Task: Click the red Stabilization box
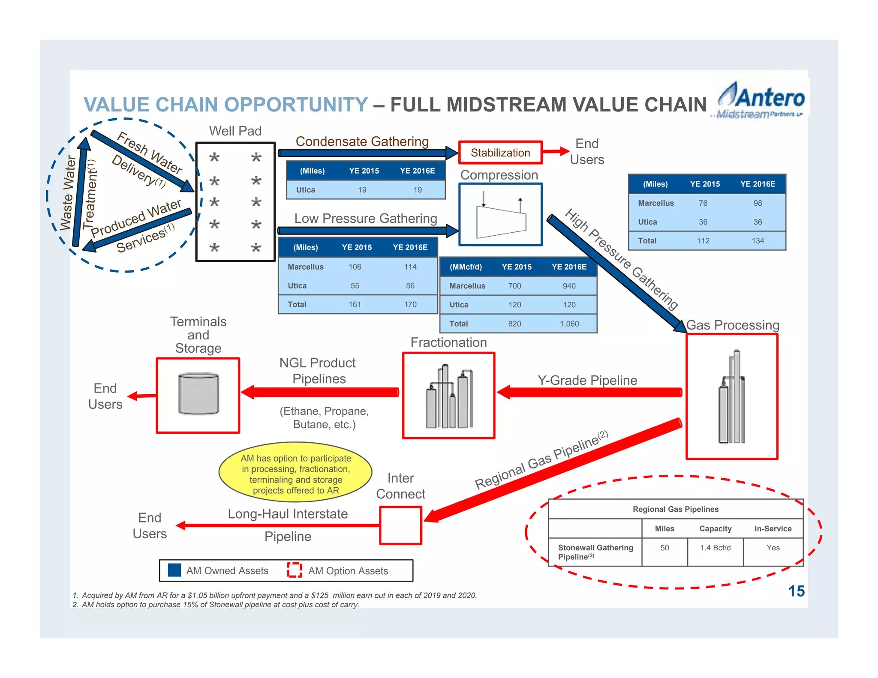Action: (500, 153)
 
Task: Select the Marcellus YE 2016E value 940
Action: (569, 286)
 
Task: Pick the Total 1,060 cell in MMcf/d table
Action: (569, 324)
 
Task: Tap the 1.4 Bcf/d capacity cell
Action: (715, 548)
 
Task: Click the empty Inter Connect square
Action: (400, 525)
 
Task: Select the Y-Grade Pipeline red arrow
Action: (589, 392)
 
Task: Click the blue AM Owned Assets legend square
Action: (174, 570)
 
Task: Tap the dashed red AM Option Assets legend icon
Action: (294, 570)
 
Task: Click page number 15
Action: (796, 591)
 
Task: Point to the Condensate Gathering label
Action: (362, 141)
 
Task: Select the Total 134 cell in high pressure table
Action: (758, 241)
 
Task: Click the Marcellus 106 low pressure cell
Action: (355, 267)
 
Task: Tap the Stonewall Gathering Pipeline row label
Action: (595, 552)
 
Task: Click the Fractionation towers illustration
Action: (449, 397)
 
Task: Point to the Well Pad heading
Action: (235, 131)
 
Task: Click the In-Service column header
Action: (773, 529)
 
